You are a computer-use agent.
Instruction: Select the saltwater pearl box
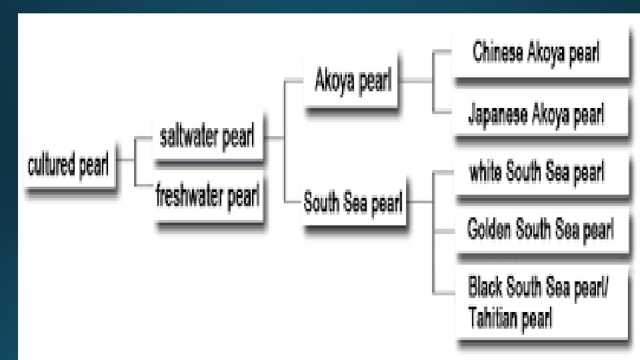pos(207,138)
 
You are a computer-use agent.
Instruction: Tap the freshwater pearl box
pos(207,197)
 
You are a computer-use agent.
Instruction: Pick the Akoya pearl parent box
pos(353,84)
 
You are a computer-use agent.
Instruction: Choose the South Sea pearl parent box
pos(353,203)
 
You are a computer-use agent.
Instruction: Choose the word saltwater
pos(191,138)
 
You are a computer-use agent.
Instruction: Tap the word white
pos(485,174)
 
